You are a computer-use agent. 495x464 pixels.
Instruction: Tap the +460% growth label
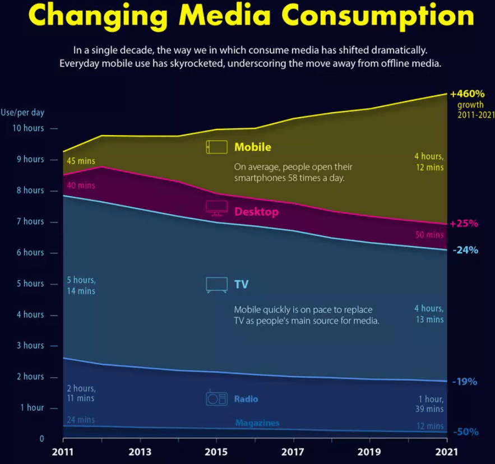tap(467, 94)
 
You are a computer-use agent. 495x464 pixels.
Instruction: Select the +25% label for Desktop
tap(464, 224)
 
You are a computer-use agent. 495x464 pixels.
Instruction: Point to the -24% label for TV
tap(465, 250)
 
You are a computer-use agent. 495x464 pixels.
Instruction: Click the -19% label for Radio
tap(465, 382)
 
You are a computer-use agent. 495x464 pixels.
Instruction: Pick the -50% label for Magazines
tap(465, 432)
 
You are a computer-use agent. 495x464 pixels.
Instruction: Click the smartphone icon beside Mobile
tap(216, 147)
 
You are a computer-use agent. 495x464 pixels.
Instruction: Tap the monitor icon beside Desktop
tap(216, 208)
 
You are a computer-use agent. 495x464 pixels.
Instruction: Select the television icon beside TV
tap(216, 285)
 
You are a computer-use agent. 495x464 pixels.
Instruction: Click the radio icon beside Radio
tap(216, 398)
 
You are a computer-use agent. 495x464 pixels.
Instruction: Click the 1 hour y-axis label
tap(31, 407)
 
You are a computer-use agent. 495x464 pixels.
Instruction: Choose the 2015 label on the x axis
tap(216, 452)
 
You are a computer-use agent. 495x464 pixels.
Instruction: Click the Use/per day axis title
tap(22, 112)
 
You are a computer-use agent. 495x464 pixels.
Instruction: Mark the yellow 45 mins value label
tap(81, 161)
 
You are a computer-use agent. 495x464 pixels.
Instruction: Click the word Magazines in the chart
tap(257, 423)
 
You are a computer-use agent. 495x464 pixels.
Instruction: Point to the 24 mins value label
tap(81, 420)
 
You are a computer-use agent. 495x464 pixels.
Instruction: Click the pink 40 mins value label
tap(81, 185)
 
